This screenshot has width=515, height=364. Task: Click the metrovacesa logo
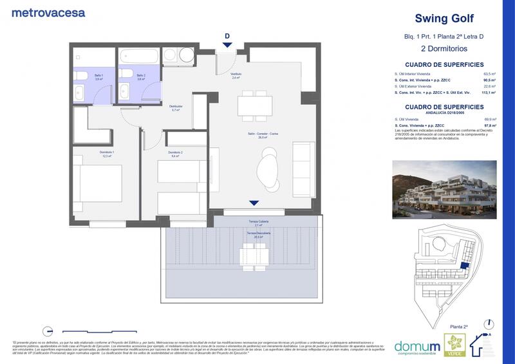(x=48, y=12)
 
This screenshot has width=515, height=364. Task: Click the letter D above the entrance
(x=227, y=36)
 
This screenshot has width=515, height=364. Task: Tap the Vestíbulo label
(x=237, y=75)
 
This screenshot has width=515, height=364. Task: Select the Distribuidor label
(x=176, y=107)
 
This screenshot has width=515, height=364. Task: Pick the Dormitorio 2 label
(x=176, y=154)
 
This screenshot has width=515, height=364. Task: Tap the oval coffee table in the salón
(x=268, y=168)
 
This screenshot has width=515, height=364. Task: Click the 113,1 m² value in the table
(x=493, y=93)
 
